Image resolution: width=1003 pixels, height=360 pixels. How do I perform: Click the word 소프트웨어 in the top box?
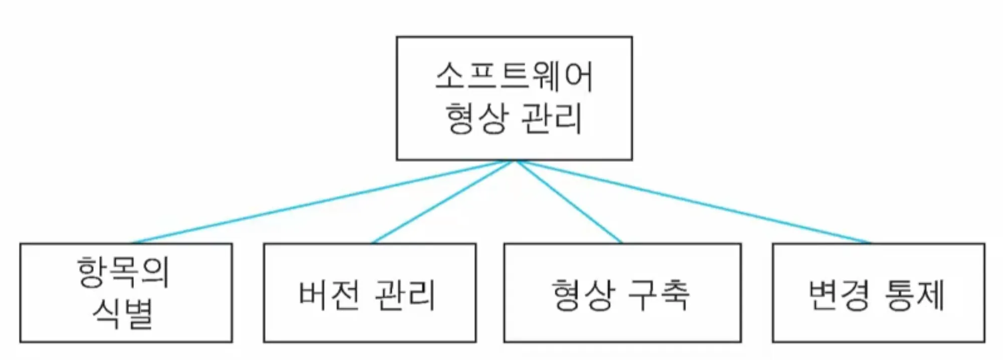click(514, 77)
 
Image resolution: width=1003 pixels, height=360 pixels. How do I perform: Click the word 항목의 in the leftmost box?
click(123, 272)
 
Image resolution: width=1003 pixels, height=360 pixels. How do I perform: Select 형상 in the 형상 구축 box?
click(583, 294)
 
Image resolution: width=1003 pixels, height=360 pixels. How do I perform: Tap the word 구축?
click(659, 294)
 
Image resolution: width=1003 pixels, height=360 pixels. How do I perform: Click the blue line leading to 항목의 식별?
click(321, 202)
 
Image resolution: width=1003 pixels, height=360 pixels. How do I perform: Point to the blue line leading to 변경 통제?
click(692, 202)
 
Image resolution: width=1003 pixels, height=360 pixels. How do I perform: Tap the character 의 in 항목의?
click(154, 272)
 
